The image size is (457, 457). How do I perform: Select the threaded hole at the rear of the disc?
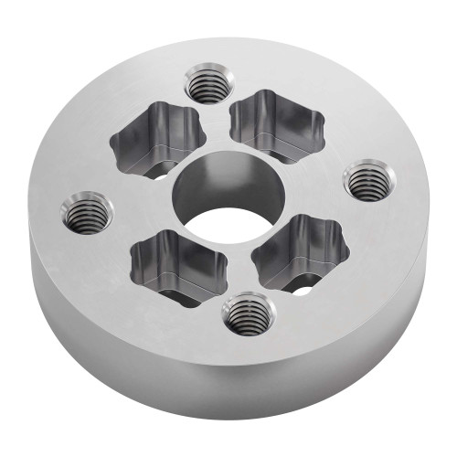(209, 86)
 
